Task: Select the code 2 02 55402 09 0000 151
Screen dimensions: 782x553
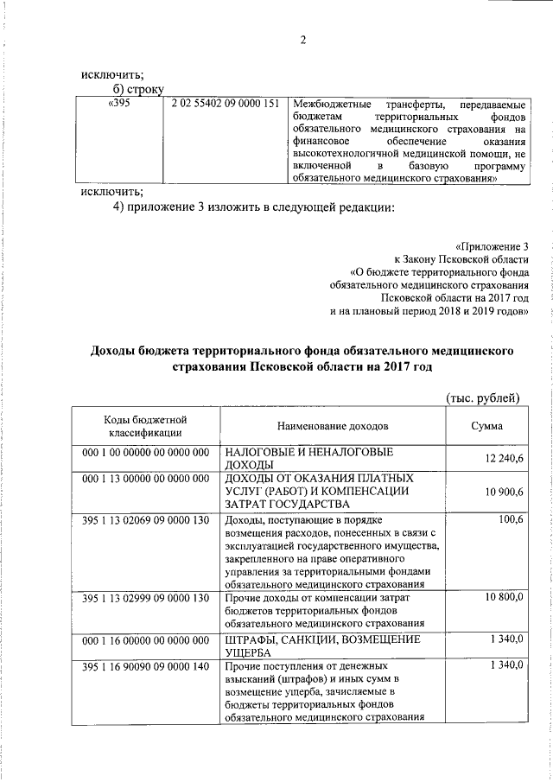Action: [225, 105]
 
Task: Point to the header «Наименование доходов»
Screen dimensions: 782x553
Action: [333, 426]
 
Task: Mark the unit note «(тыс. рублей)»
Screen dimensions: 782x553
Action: [481, 397]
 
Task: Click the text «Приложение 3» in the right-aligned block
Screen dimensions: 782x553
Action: [491, 245]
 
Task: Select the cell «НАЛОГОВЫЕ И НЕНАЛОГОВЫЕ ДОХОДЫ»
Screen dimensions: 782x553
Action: [309, 458]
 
